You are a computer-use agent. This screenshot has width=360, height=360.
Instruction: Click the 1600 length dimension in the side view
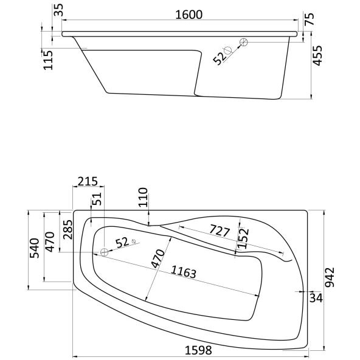coord(189,15)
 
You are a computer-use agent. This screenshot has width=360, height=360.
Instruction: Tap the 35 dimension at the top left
coord(59,10)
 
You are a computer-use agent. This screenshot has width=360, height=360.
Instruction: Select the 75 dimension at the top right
coord(310,19)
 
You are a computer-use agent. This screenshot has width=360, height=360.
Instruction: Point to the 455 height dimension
coord(317,55)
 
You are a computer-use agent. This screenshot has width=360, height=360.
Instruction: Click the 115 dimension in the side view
coord(48,60)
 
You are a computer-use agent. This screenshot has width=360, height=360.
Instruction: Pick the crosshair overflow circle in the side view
coord(244,42)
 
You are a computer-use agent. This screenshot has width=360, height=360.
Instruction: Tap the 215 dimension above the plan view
coord(88,181)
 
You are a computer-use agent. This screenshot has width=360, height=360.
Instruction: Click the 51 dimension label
coord(97,199)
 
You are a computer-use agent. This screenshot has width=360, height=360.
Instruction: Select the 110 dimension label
coord(143,198)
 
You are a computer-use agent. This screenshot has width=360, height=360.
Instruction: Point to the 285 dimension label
coord(67,230)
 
